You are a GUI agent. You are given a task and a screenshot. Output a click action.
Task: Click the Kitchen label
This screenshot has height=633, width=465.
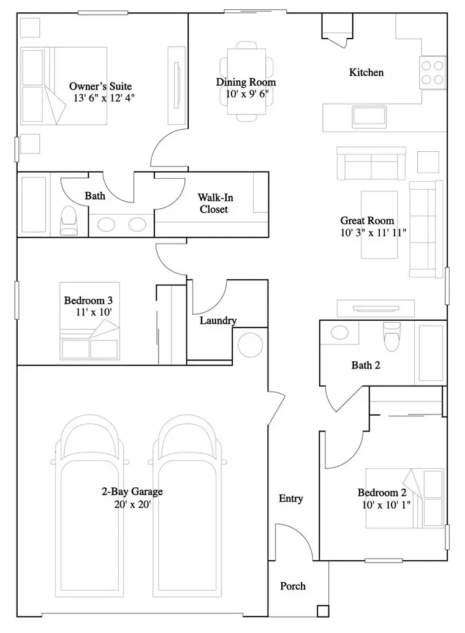[x=366, y=73]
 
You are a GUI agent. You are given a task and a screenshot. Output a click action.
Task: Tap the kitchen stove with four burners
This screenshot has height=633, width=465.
[x=433, y=72]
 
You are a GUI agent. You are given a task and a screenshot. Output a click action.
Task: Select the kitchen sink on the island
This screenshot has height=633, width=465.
[x=369, y=117]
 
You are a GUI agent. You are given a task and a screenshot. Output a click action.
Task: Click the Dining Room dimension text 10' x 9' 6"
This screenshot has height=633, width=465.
[x=247, y=94]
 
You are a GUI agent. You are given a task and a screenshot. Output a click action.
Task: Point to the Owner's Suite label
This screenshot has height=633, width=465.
[x=100, y=86]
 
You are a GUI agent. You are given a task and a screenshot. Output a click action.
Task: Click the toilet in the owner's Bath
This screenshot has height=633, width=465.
[x=68, y=220]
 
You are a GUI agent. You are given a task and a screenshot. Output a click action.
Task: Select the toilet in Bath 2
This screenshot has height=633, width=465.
[x=391, y=336]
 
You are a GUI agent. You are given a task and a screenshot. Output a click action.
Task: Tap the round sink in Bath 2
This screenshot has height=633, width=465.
[x=339, y=332]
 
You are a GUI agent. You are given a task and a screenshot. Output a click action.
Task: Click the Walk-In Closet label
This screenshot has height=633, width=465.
[x=215, y=203]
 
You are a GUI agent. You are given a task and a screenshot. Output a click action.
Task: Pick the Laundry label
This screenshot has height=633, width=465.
[x=218, y=321]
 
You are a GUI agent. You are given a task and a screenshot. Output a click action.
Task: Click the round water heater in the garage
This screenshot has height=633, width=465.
[x=251, y=345]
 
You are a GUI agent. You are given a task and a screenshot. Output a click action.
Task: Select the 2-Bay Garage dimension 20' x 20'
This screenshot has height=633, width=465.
[x=132, y=504]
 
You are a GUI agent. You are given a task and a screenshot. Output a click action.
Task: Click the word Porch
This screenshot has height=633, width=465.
[x=293, y=586]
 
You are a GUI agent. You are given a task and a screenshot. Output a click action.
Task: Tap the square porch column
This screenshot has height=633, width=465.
[x=323, y=611]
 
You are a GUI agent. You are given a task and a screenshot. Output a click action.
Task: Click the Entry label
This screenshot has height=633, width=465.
[x=291, y=498]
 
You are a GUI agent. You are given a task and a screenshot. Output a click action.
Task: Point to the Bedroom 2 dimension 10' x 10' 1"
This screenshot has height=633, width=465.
[x=386, y=504]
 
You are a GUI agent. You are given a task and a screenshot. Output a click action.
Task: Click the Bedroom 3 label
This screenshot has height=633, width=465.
[x=88, y=301]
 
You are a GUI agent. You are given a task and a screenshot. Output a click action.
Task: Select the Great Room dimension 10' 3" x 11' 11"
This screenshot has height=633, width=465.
[x=373, y=233]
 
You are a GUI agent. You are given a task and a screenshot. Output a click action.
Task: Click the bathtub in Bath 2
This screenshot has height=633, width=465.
[x=431, y=353]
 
